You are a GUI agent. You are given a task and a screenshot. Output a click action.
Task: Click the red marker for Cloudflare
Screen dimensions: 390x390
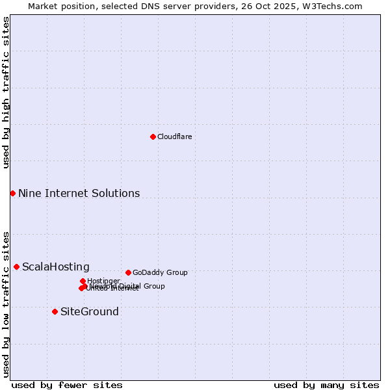[153, 136]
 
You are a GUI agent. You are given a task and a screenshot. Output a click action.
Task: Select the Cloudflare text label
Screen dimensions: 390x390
[174, 136]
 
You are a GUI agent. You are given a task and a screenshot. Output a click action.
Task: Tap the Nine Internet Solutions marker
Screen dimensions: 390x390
[12, 193]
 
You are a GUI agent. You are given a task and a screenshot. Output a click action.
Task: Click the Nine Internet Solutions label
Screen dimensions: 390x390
[79, 193]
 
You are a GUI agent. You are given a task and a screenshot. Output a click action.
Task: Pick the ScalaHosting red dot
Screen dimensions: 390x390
[16, 266]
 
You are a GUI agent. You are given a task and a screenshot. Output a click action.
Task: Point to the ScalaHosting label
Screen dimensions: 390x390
[55, 266]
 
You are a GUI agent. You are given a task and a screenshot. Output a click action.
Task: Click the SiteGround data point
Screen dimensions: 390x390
[55, 311]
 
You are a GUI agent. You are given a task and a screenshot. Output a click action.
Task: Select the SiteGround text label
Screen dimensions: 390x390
[89, 311]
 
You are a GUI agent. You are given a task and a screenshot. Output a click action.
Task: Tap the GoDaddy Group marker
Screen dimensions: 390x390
[128, 272]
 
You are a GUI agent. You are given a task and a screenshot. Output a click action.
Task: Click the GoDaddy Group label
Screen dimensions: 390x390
[159, 272]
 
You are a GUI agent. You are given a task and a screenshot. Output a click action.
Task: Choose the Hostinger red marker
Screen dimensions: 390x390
[83, 281]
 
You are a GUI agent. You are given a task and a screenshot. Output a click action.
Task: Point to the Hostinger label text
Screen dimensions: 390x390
[103, 281]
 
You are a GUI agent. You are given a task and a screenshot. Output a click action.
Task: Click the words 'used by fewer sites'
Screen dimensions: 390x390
[67, 385]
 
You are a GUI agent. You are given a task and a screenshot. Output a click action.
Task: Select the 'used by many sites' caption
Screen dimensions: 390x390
[326, 385]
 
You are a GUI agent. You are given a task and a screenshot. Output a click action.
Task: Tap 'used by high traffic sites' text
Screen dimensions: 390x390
[6, 92]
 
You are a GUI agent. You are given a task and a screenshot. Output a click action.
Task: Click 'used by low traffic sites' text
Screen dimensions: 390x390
[6, 304]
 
